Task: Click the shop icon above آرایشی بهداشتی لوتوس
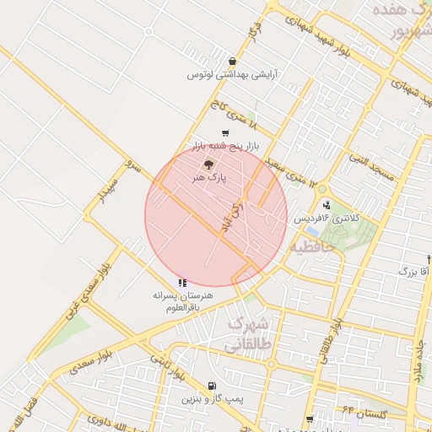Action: pyautogui.click(x=232, y=62)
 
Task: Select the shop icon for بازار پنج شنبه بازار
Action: pyautogui.click(x=224, y=133)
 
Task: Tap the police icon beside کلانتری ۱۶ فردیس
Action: pyautogui.click(x=327, y=205)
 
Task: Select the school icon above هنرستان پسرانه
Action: pyautogui.click(x=182, y=283)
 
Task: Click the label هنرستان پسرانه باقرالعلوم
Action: pyautogui.click(x=183, y=302)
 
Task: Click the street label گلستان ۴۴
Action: pyautogui.click(x=364, y=413)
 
